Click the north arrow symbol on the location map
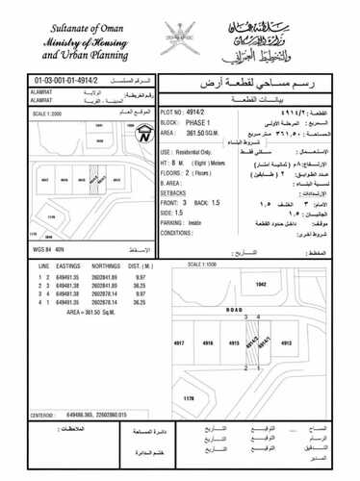point(142,134)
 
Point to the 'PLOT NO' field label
point(171,112)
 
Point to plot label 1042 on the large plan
point(259,285)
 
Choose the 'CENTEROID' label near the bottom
point(41,416)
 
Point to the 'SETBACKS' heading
point(175,192)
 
